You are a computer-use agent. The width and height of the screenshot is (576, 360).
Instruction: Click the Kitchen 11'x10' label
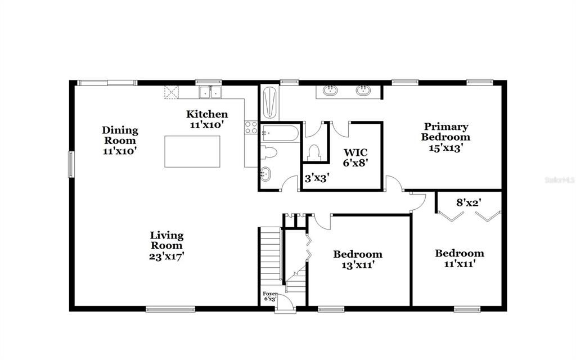point(207,120)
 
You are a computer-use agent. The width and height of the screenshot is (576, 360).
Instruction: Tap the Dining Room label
point(120,141)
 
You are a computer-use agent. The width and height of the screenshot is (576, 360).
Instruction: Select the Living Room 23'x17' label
point(166,245)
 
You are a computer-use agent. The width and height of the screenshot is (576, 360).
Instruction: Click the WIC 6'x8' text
point(355,157)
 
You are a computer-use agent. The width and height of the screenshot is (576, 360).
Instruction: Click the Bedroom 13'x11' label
point(358,259)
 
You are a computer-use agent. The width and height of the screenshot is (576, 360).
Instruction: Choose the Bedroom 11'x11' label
point(460,258)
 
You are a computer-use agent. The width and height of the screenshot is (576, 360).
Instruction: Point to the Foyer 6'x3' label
point(271,296)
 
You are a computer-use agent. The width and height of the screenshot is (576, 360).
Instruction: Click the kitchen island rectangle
point(191,151)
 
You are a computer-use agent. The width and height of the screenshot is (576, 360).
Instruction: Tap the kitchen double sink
point(209,92)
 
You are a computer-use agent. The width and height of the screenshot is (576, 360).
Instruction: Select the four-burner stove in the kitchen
point(251,128)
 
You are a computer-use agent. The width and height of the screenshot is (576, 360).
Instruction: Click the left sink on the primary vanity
point(330,90)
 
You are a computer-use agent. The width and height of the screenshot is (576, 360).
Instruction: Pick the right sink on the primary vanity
point(363,90)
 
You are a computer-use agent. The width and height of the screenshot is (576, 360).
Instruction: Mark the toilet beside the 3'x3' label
point(314,152)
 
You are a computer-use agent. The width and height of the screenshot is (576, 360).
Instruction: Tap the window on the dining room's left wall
point(71,164)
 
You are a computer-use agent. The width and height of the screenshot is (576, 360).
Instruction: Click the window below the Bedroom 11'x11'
point(467,309)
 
